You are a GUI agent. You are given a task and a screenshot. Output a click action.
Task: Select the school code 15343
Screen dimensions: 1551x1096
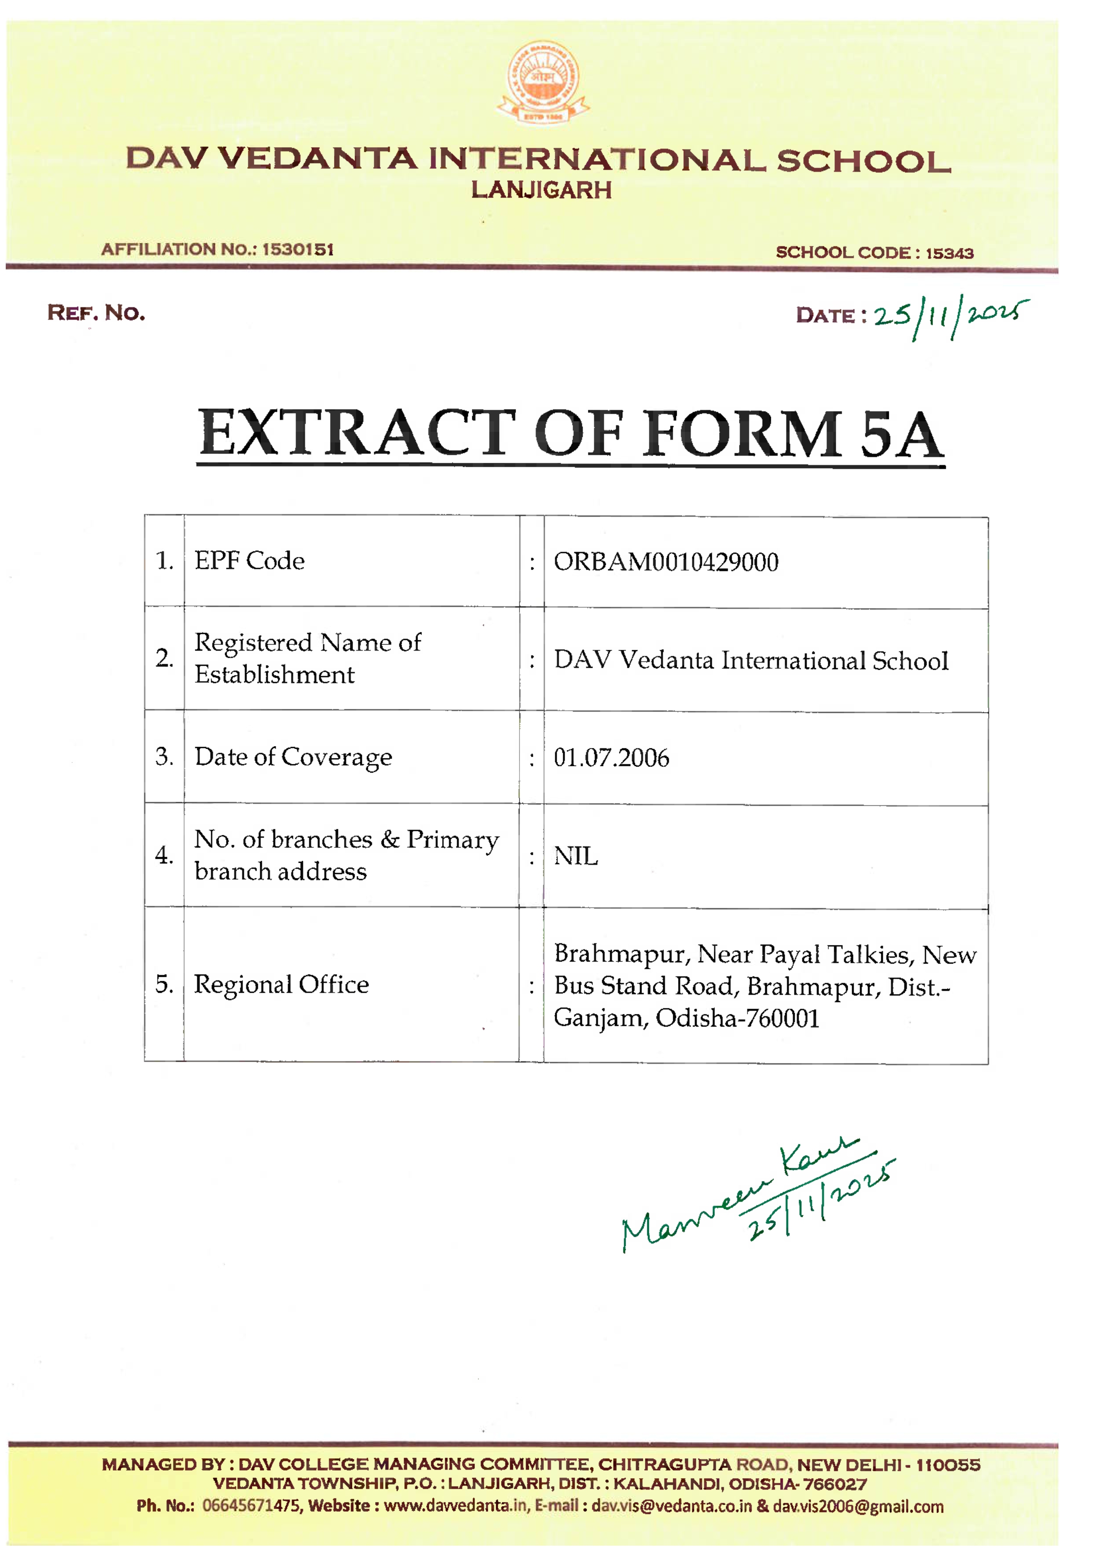[x=949, y=253]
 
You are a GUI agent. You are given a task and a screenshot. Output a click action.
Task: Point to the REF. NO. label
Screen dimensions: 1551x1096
[x=96, y=313]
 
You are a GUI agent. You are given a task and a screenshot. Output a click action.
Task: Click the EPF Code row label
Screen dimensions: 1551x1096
[x=249, y=560]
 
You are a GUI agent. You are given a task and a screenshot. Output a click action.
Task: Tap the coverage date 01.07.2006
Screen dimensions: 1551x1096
[x=611, y=758]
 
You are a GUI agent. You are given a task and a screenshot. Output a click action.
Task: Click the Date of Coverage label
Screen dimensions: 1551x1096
[x=293, y=757]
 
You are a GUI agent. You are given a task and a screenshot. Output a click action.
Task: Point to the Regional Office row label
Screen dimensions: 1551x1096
[x=281, y=985]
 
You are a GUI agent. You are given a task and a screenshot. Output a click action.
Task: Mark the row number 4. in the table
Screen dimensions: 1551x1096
[x=164, y=855]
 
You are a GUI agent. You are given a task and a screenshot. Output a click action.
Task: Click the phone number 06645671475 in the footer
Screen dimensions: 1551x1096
[x=252, y=1506]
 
